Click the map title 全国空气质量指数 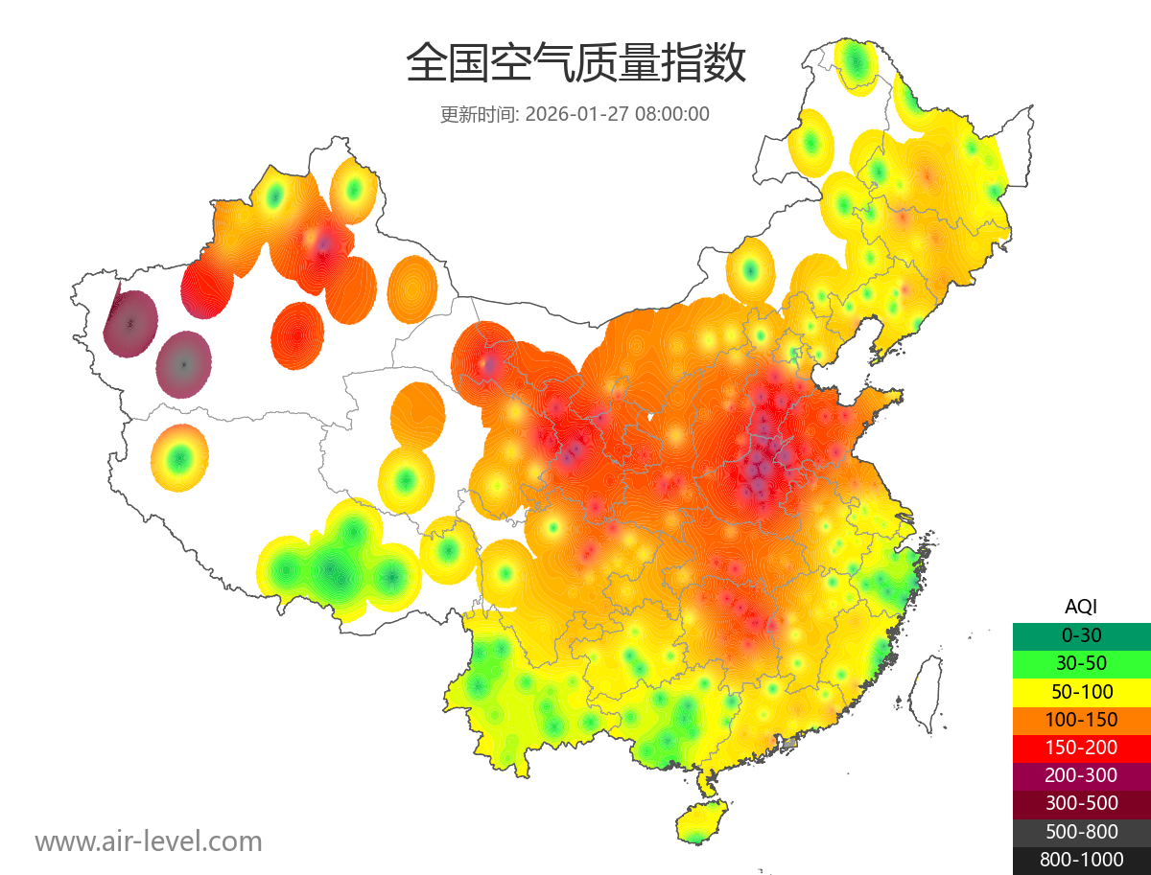tap(575, 65)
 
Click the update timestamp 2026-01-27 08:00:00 tap(618, 114)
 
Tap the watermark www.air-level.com tap(149, 841)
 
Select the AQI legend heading tap(1081, 607)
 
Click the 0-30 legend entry tap(1081, 634)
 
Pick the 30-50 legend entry tap(1081, 662)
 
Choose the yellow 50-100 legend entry tap(1081, 691)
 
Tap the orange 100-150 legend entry tap(1081, 719)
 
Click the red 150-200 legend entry tap(1081, 747)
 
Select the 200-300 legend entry tap(1081, 775)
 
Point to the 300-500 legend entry tap(1081, 803)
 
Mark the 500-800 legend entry tap(1081, 831)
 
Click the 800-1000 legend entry tap(1081, 860)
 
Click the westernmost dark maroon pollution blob tap(130, 323)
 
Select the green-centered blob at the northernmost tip tap(856, 64)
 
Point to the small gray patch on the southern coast tap(790, 743)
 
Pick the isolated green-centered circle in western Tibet tap(178, 459)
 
